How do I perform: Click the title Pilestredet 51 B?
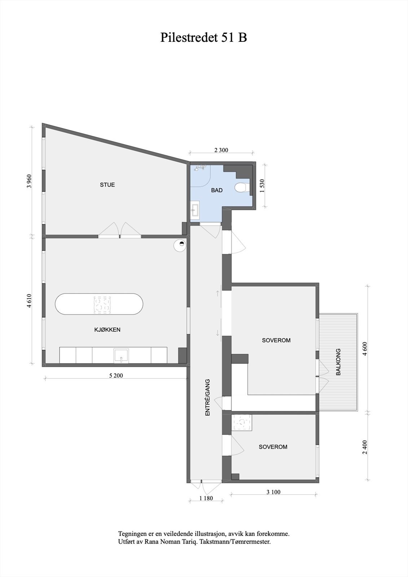(203, 38)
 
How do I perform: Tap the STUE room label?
(107, 185)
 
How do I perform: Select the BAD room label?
(217, 190)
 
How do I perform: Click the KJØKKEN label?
(108, 330)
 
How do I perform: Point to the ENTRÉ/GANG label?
(207, 398)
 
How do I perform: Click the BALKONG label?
(338, 362)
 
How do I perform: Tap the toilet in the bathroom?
(241, 188)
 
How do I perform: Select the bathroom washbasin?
(195, 210)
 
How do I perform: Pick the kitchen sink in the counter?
(121, 356)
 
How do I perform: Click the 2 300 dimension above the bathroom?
(221, 150)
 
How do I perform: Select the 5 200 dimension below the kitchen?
(116, 375)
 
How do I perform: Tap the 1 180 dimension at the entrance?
(206, 498)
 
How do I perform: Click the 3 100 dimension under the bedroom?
(273, 492)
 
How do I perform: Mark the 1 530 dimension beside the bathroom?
(262, 186)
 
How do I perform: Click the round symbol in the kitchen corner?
(179, 245)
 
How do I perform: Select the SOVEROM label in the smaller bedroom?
(273, 447)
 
